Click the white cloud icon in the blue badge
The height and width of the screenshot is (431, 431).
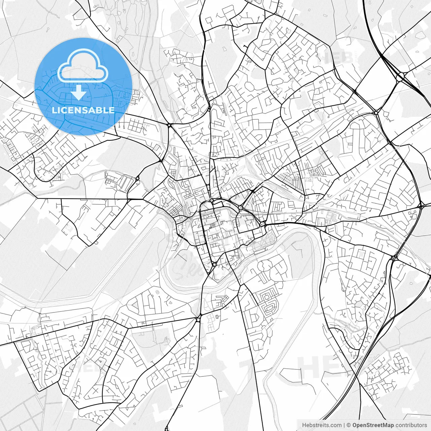point(83,66)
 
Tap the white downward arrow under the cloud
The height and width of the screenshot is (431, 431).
point(78,92)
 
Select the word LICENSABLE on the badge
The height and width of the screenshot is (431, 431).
point(83,110)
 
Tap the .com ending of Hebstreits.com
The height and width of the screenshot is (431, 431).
point(335,425)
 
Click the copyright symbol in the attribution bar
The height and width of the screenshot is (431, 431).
point(349,425)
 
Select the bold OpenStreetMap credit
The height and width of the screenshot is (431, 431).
point(373,425)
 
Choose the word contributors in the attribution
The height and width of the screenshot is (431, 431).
point(411,425)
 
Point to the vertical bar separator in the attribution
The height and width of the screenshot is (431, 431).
point(344,425)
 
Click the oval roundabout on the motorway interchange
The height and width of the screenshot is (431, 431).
point(400,77)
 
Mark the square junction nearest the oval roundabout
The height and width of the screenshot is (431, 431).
point(376,112)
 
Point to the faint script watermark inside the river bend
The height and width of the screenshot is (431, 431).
point(189,266)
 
